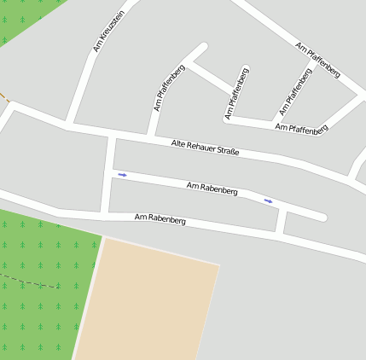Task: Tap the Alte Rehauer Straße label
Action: click(x=205, y=148)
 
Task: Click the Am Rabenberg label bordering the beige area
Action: click(x=160, y=219)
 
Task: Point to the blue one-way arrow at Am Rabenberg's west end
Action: click(x=122, y=175)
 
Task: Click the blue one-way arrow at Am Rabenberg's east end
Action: click(x=269, y=201)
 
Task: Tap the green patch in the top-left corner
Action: click(x=21, y=17)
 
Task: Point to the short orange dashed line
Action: click(x=4, y=96)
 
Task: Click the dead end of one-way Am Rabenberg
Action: click(x=322, y=218)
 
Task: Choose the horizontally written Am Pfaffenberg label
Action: click(x=301, y=128)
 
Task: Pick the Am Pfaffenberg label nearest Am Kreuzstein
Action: click(x=169, y=88)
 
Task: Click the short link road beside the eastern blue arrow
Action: click(x=281, y=220)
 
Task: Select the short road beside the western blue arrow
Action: click(x=107, y=175)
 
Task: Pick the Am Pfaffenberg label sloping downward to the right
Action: click(x=317, y=59)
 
